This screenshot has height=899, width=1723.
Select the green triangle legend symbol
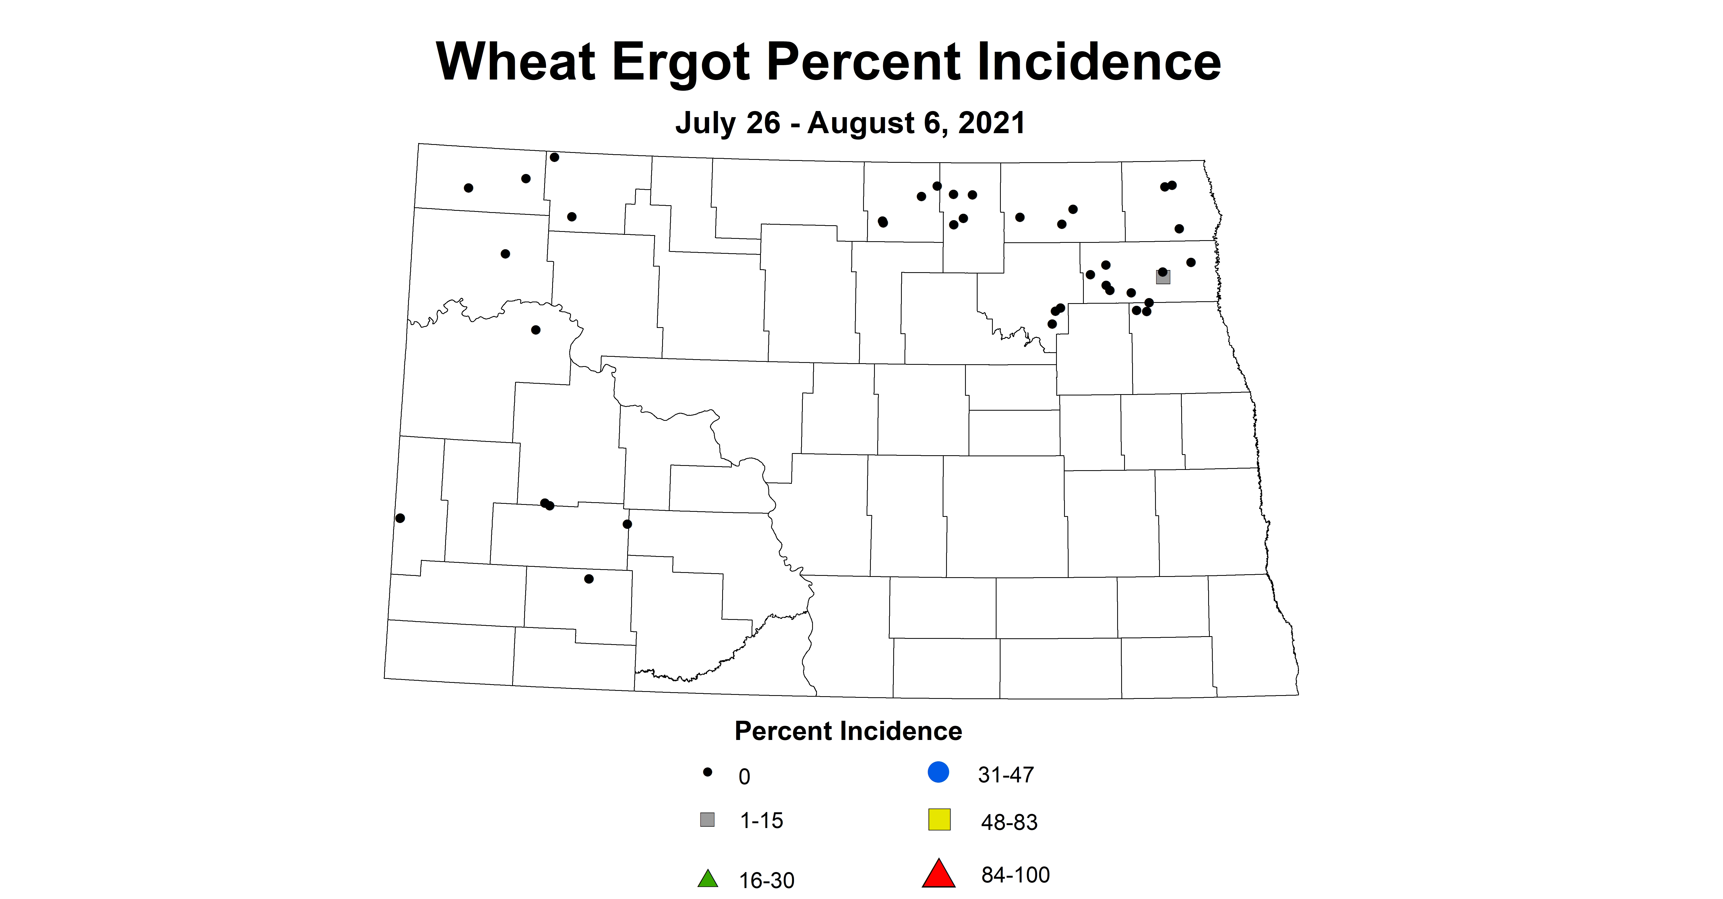coord(708,879)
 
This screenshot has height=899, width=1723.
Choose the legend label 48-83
coord(1009,822)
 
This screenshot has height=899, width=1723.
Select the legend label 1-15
coord(761,821)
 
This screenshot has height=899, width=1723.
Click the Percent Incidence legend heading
coord(848,731)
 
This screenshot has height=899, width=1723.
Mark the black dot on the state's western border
coord(400,518)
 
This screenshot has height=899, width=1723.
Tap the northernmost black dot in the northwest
coord(555,157)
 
